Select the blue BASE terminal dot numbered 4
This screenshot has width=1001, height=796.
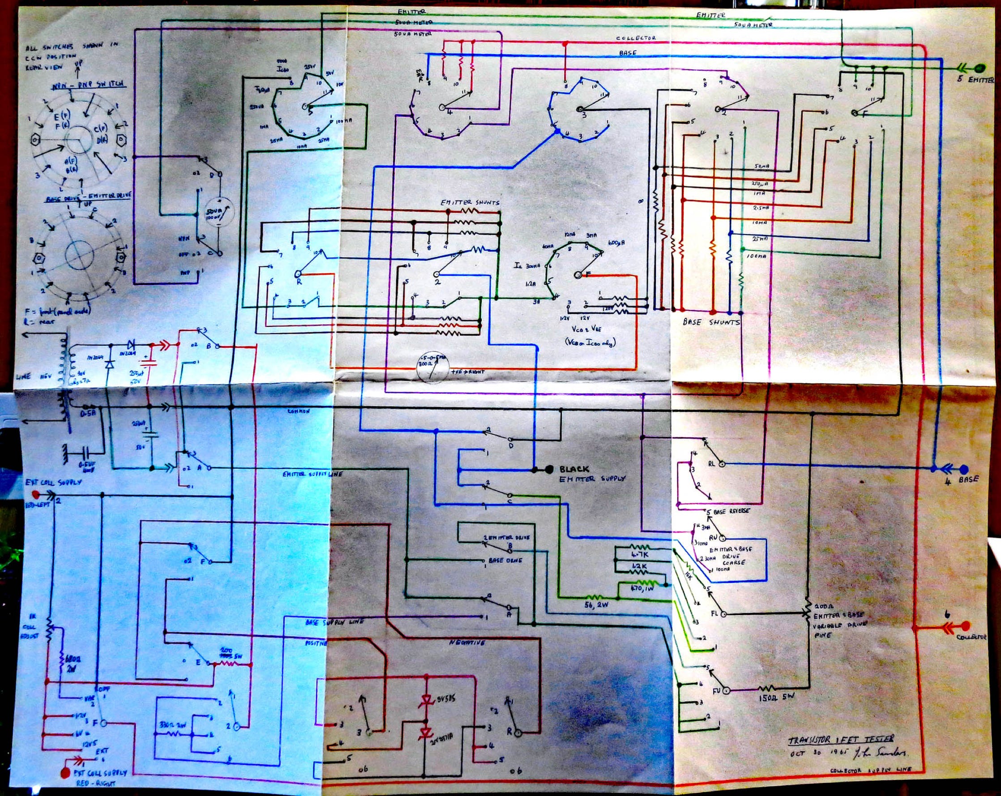click(x=964, y=469)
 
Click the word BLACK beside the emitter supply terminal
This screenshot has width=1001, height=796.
click(x=574, y=469)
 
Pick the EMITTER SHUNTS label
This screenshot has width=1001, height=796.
click(x=470, y=202)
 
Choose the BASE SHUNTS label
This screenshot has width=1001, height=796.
click(x=711, y=322)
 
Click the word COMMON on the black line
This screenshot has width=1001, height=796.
click(x=299, y=411)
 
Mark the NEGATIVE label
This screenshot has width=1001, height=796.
click(x=466, y=643)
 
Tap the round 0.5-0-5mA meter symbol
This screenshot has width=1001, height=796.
click(x=433, y=366)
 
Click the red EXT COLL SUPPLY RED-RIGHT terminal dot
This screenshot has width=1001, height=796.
click(x=65, y=773)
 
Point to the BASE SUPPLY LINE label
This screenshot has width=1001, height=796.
click(x=334, y=621)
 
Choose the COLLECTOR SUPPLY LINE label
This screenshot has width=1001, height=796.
click(x=870, y=770)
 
